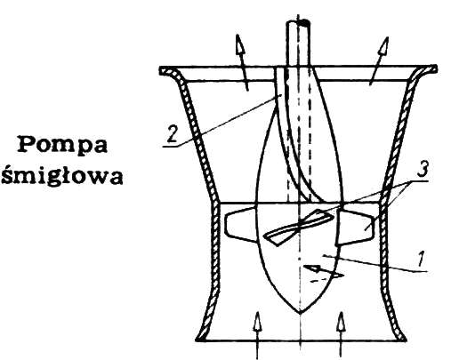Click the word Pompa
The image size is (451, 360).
point(63,145)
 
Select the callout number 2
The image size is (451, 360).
point(172,134)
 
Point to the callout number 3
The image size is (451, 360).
point(423,170)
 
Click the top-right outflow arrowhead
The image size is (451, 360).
point(384,46)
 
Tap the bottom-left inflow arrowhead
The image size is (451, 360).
point(257,322)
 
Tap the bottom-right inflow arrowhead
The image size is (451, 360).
point(341,323)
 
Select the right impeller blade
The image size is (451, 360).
point(354,227)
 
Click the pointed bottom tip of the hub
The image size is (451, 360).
point(300,313)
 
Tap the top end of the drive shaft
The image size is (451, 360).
point(298,22)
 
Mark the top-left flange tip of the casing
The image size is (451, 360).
point(161,71)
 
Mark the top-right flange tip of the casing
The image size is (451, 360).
point(435,68)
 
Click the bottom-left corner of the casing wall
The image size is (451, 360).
point(197,340)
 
